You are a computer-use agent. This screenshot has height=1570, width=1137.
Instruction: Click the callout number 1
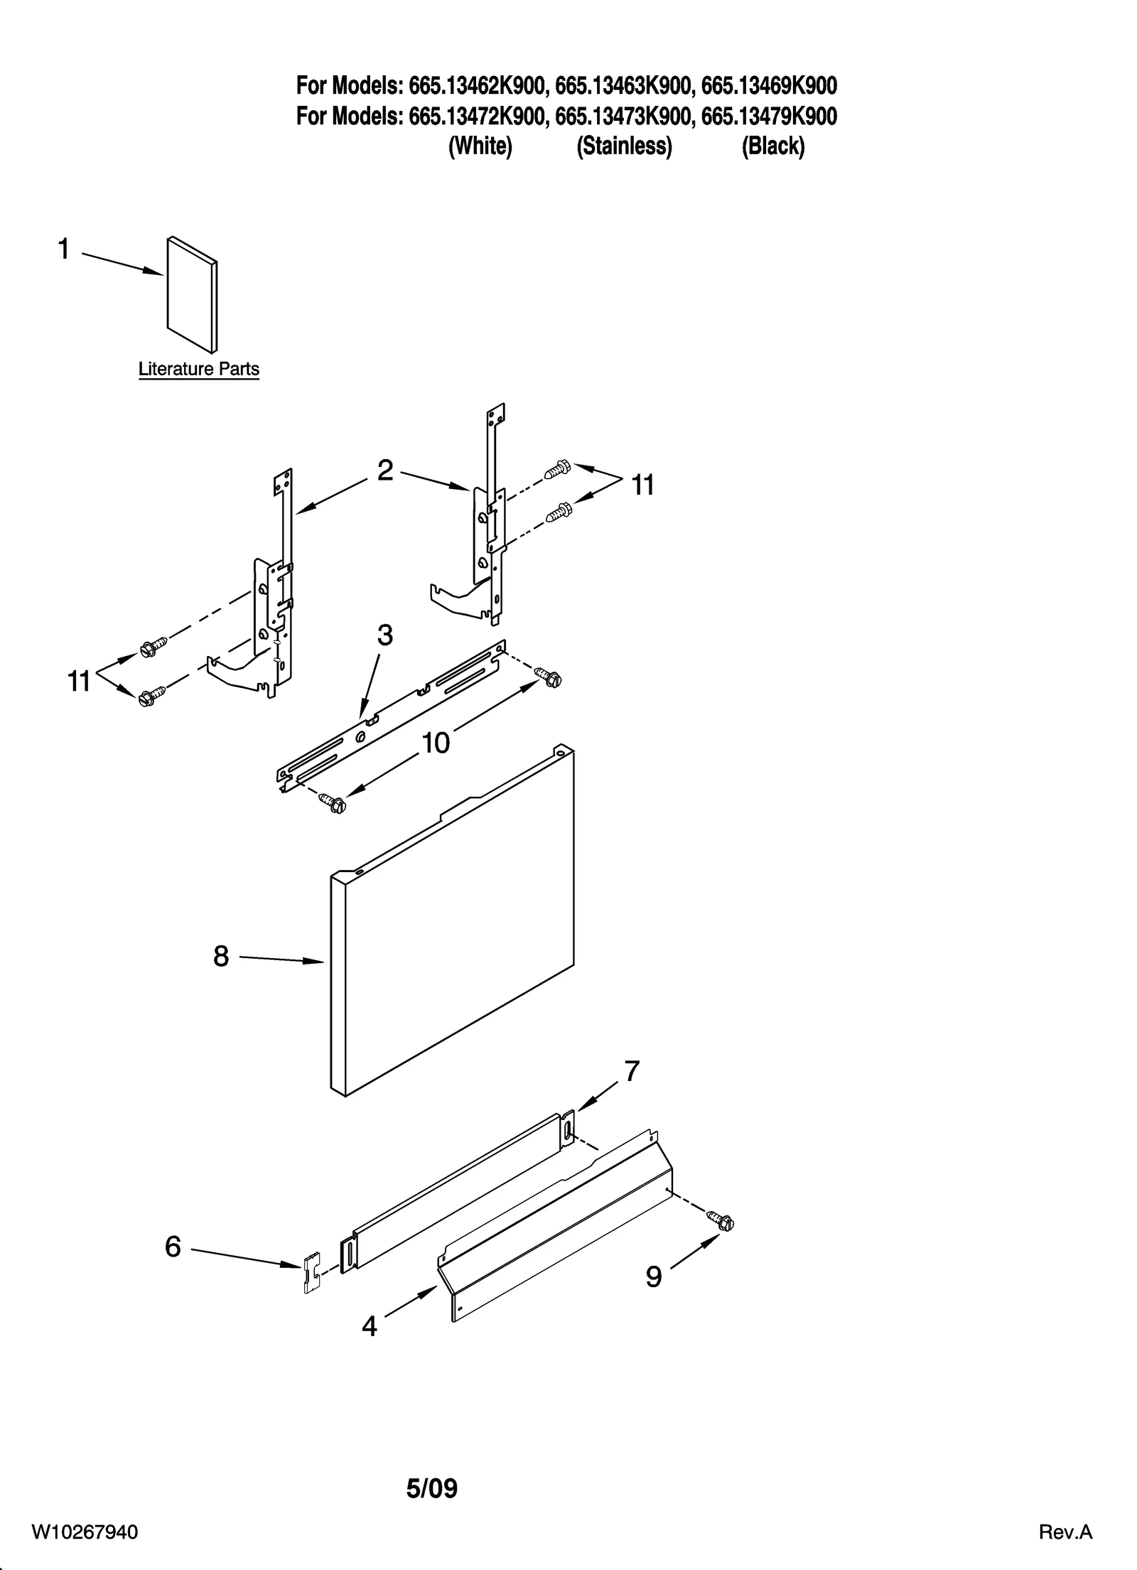coord(64,250)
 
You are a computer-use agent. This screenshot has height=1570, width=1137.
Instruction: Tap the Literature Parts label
coord(198,370)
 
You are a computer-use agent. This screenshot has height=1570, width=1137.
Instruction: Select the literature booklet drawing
coord(191,294)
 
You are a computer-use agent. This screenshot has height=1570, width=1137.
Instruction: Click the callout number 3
coord(384,635)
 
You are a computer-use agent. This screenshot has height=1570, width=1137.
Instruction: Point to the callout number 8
coord(221,957)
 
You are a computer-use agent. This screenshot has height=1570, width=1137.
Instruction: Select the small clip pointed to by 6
coord(311,1274)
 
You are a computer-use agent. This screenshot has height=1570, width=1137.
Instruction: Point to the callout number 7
coord(632,1091)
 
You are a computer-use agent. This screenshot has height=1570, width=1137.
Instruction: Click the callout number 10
coord(436,743)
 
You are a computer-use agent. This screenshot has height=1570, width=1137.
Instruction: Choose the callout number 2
coord(384,470)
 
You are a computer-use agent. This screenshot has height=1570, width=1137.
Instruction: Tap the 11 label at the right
coord(642,486)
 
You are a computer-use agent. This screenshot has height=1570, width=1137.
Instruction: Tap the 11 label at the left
coord(79,682)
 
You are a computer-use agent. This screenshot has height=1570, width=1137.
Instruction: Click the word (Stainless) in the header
coord(624,146)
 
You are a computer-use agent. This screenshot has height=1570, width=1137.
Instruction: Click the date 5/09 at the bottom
coord(431,1488)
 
